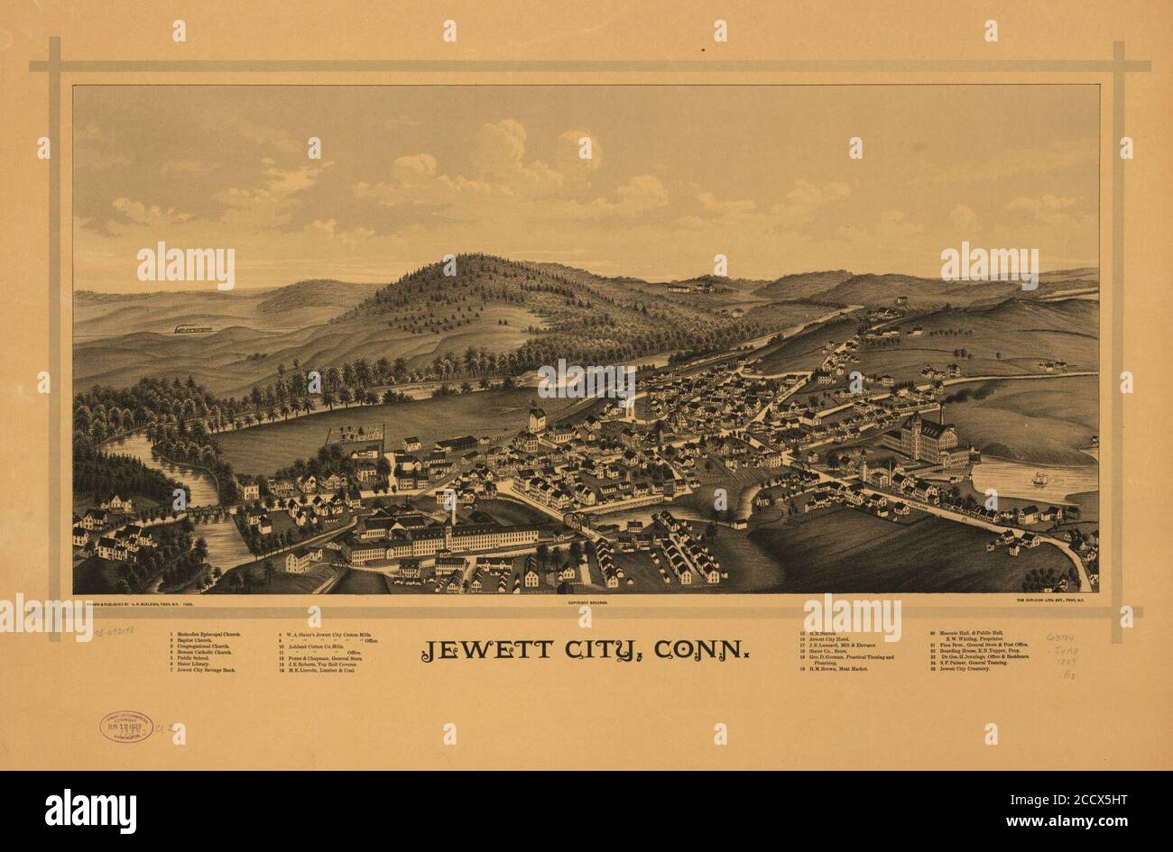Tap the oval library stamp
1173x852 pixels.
click(x=125, y=727)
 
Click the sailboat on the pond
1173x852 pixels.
click(x=1039, y=478)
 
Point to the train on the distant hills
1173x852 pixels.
click(x=193, y=329)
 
